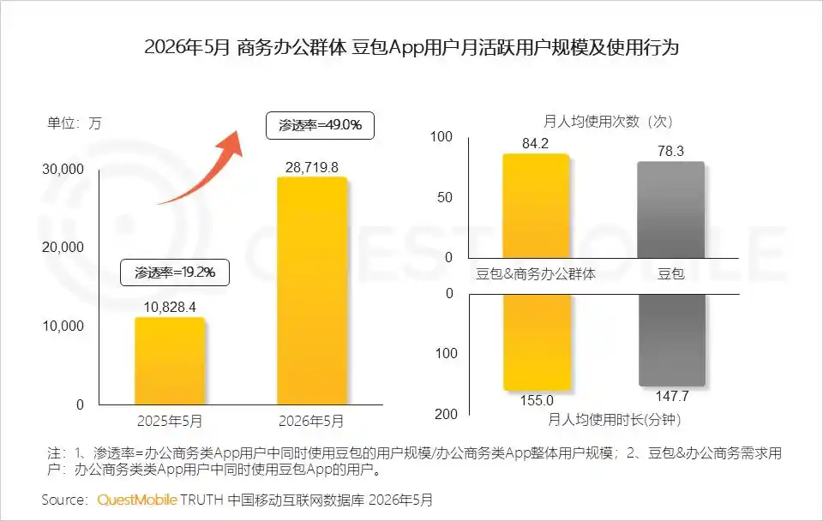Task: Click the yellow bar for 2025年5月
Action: click(170, 361)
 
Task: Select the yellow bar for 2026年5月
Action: click(312, 290)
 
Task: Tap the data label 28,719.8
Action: click(312, 167)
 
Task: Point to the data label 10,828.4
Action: click(170, 307)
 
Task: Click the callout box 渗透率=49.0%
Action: click(320, 125)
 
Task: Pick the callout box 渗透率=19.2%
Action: click(175, 272)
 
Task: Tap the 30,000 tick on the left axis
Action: click(63, 169)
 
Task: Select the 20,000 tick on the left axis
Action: click(63, 247)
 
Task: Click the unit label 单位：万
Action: click(74, 123)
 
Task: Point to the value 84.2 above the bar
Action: click(535, 143)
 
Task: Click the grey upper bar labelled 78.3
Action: click(670, 210)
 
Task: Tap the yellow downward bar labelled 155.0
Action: click(537, 342)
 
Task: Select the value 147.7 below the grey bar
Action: click(672, 396)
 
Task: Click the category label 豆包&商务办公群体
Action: click(535, 274)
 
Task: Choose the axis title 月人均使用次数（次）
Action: click(609, 122)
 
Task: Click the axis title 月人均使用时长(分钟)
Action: click(614, 420)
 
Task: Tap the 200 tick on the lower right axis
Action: click(446, 414)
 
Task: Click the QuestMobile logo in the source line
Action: click(137, 500)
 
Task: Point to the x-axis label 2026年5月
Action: click(311, 421)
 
